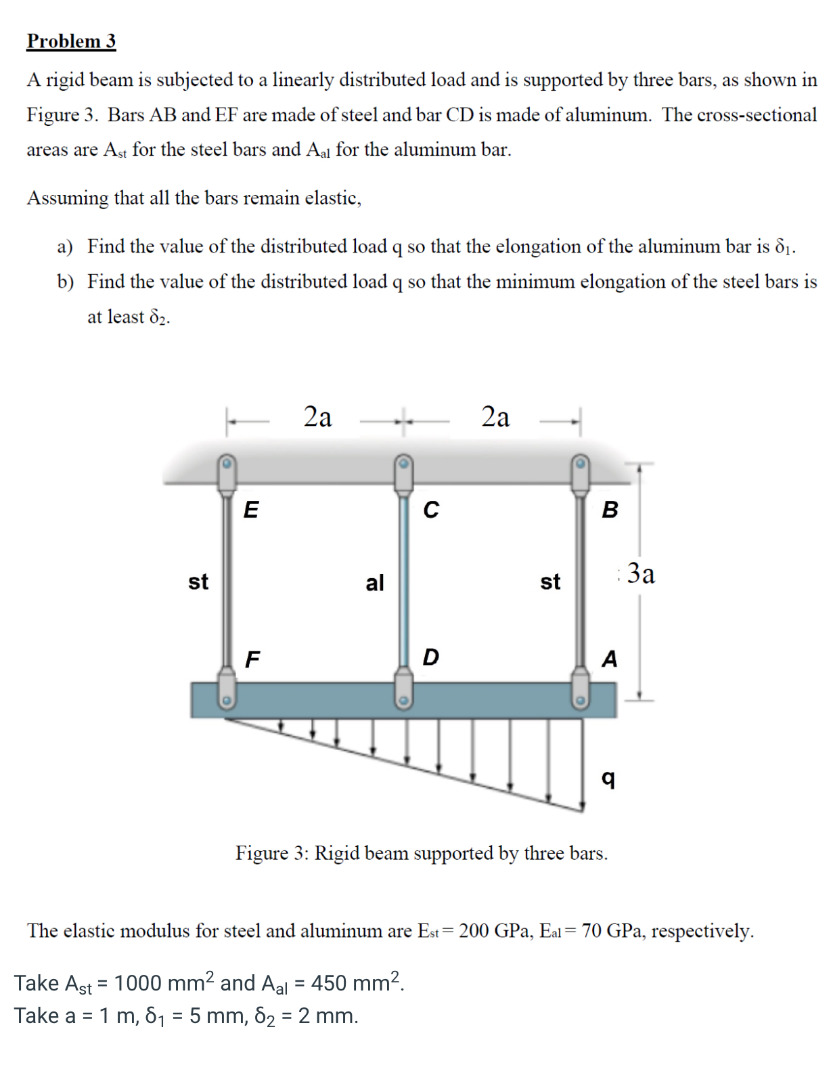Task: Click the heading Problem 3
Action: click(71, 41)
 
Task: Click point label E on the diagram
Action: click(250, 509)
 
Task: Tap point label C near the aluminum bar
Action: click(431, 509)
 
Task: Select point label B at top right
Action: click(610, 509)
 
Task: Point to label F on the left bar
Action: click(252, 659)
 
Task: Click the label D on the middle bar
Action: click(430, 657)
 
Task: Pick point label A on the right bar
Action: click(610, 658)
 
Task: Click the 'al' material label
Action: click(374, 582)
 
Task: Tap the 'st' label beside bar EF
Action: click(198, 582)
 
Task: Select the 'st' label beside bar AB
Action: click(550, 582)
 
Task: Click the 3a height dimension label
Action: click(640, 573)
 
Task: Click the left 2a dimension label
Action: click(317, 416)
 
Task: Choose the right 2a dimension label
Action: click(495, 416)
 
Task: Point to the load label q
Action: click(608, 779)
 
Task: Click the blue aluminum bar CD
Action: click(403, 582)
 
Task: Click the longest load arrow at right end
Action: click(582, 765)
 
